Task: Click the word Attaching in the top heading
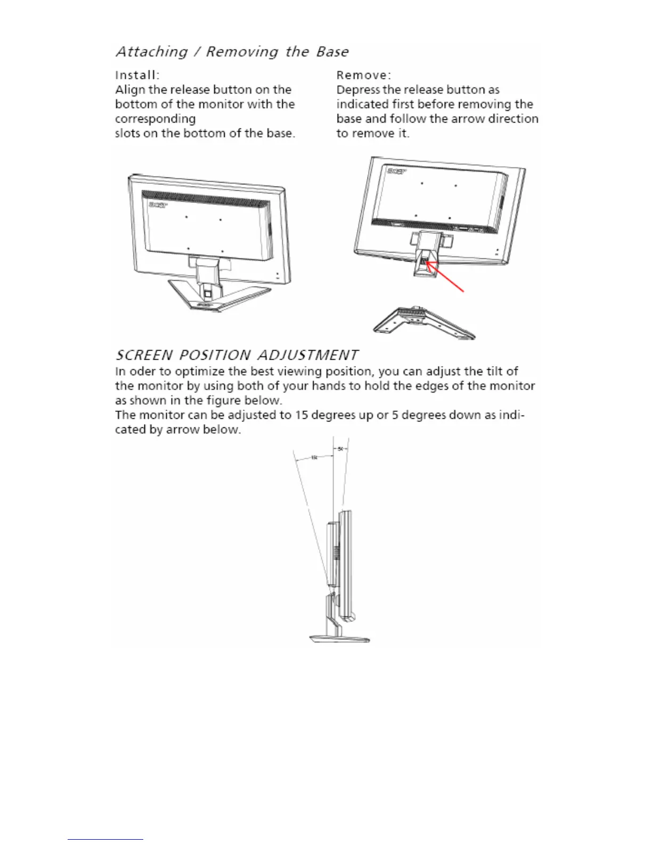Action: [x=152, y=52]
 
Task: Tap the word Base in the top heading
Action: [x=332, y=52]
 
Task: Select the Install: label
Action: [x=137, y=75]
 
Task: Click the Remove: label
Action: [x=364, y=75]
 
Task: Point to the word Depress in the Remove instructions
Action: [x=358, y=90]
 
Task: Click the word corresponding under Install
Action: [x=155, y=119]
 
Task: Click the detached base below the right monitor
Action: [x=424, y=323]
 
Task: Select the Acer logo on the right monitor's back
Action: [x=396, y=171]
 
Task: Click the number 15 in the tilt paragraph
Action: [x=301, y=415]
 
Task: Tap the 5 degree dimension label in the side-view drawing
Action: [x=340, y=449]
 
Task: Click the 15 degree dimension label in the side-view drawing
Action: [x=314, y=457]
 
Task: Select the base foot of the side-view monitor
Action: [x=339, y=638]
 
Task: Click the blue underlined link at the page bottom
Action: [x=105, y=839]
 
